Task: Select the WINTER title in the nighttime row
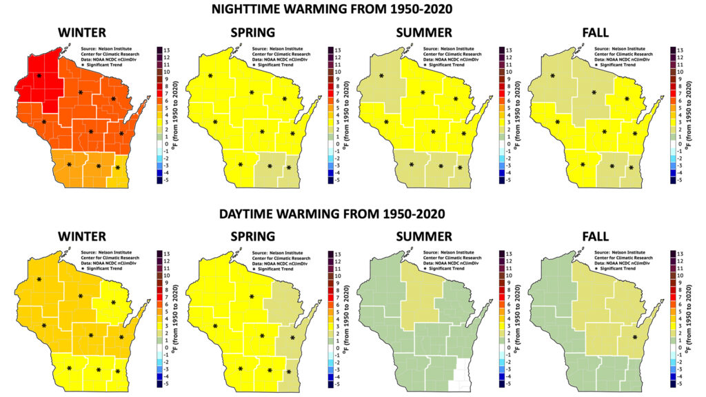(x=82, y=32)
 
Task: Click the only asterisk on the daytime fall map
(x=634, y=337)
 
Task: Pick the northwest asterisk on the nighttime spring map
(x=210, y=77)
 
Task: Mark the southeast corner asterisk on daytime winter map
(x=118, y=372)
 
